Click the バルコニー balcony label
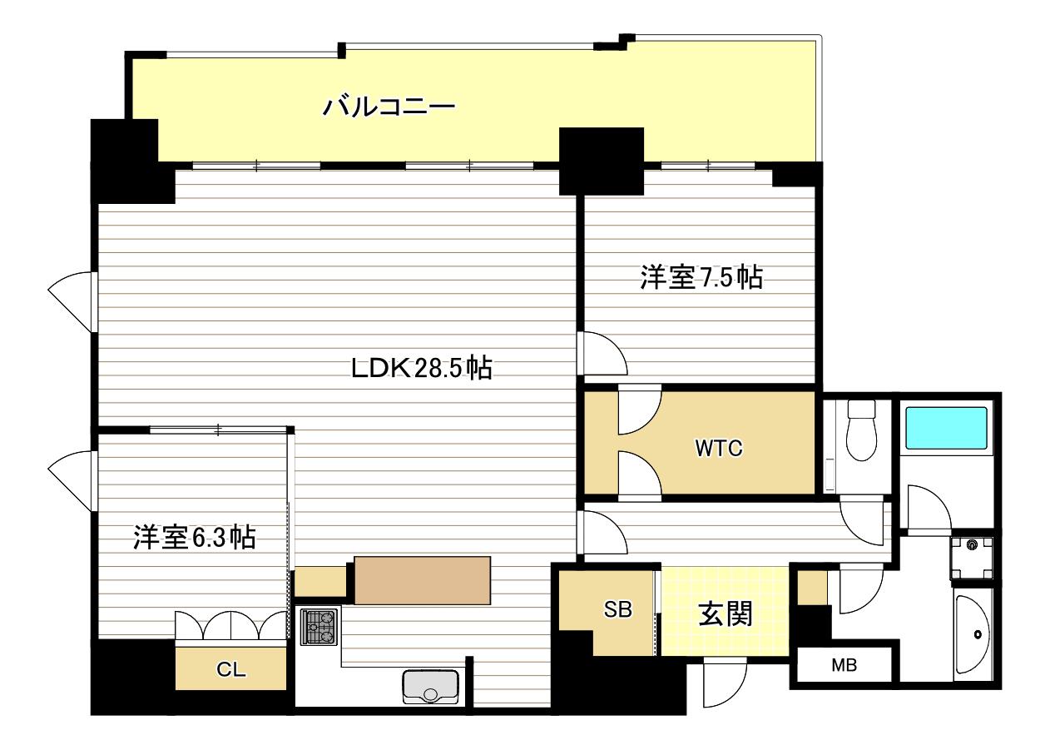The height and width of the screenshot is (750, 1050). (x=389, y=106)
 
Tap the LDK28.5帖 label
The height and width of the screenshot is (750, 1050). (x=421, y=368)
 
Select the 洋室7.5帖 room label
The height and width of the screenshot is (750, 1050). (x=701, y=277)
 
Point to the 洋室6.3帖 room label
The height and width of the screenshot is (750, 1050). (x=194, y=538)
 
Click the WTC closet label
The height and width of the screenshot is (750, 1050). (x=719, y=448)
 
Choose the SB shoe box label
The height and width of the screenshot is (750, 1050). (x=617, y=609)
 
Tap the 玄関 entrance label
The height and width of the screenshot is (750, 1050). (x=726, y=613)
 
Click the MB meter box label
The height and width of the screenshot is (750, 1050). (x=844, y=665)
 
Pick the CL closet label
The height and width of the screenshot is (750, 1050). (x=230, y=669)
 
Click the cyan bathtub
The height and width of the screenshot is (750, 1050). (x=946, y=428)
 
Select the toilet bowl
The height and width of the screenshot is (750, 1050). (x=862, y=430)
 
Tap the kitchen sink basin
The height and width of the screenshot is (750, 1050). (x=431, y=687)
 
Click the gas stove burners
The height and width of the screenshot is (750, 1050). (x=319, y=627)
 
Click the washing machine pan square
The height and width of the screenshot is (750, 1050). (x=972, y=559)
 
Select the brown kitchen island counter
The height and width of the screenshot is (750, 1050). (x=423, y=580)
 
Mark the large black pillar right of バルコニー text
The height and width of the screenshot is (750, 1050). (x=602, y=161)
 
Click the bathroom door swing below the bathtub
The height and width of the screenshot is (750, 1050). (x=929, y=509)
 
